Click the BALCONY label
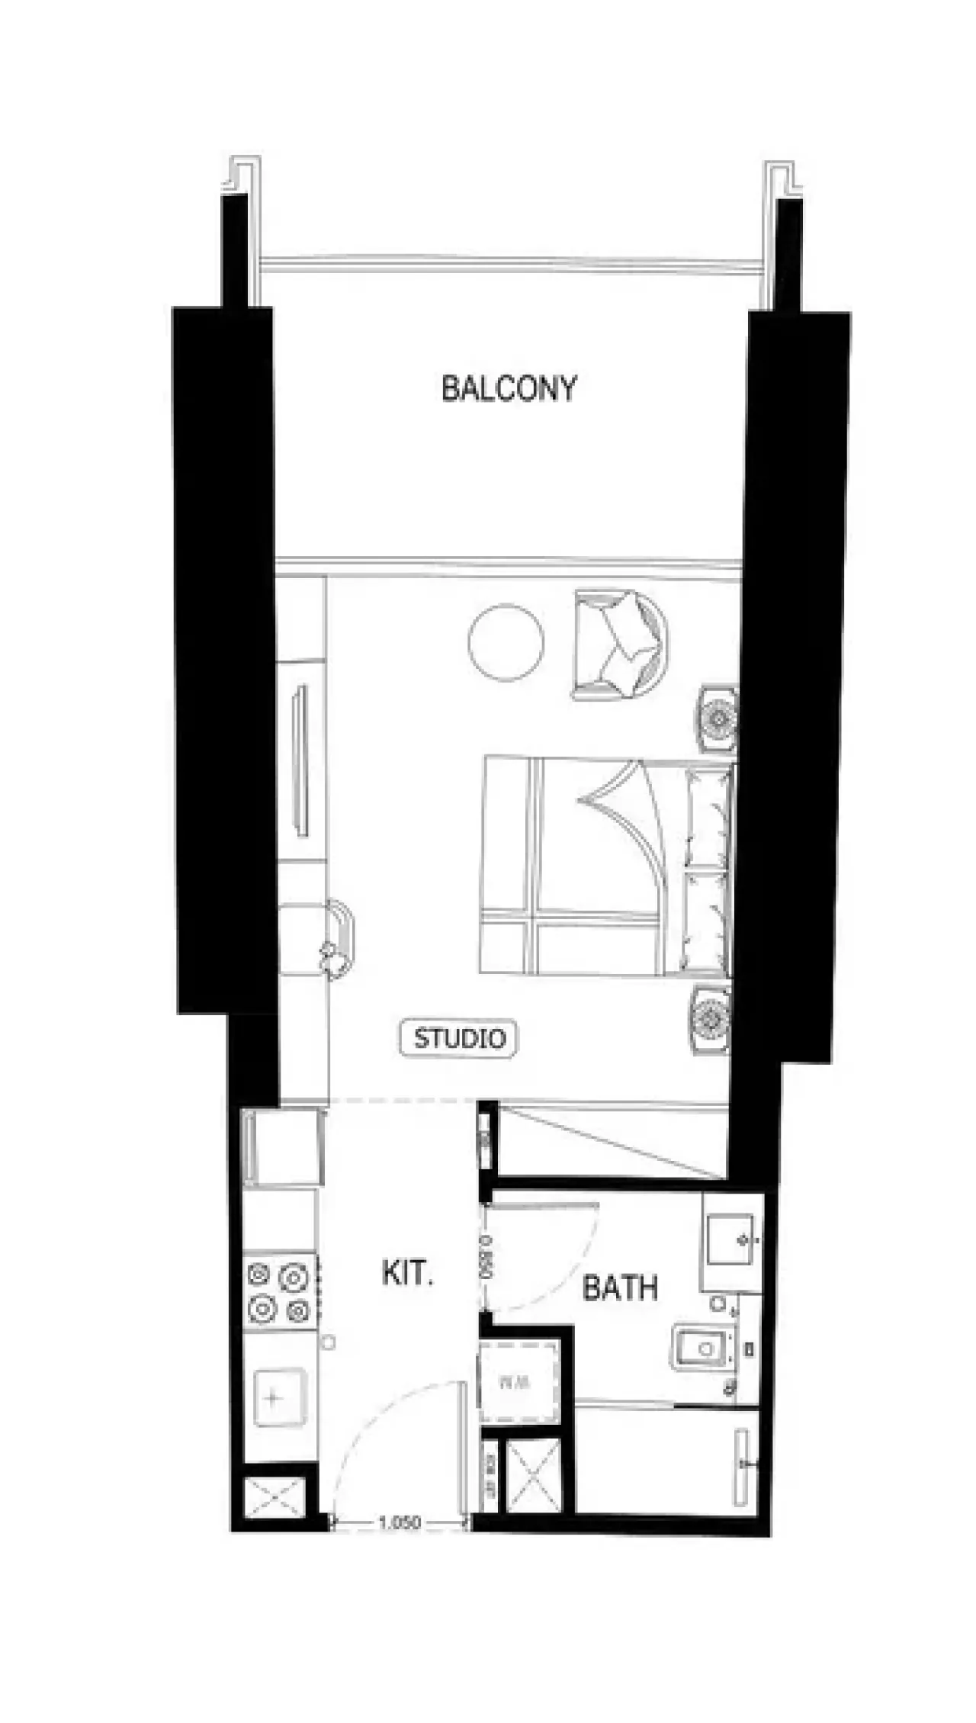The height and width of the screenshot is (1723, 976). (x=509, y=388)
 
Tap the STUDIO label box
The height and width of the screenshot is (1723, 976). (x=459, y=1038)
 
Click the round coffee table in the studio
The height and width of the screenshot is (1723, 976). (x=506, y=643)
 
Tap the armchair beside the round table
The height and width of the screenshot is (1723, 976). (x=621, y=645)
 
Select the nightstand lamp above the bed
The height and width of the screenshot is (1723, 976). (x=718, y=718)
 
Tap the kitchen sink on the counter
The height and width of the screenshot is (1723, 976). (x=279, y=1397)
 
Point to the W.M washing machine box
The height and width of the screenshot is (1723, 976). (x=518, y=1381)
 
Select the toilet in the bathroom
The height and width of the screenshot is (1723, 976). (x=701, y=1349)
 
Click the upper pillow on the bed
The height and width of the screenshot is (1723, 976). (x=707, y=817)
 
